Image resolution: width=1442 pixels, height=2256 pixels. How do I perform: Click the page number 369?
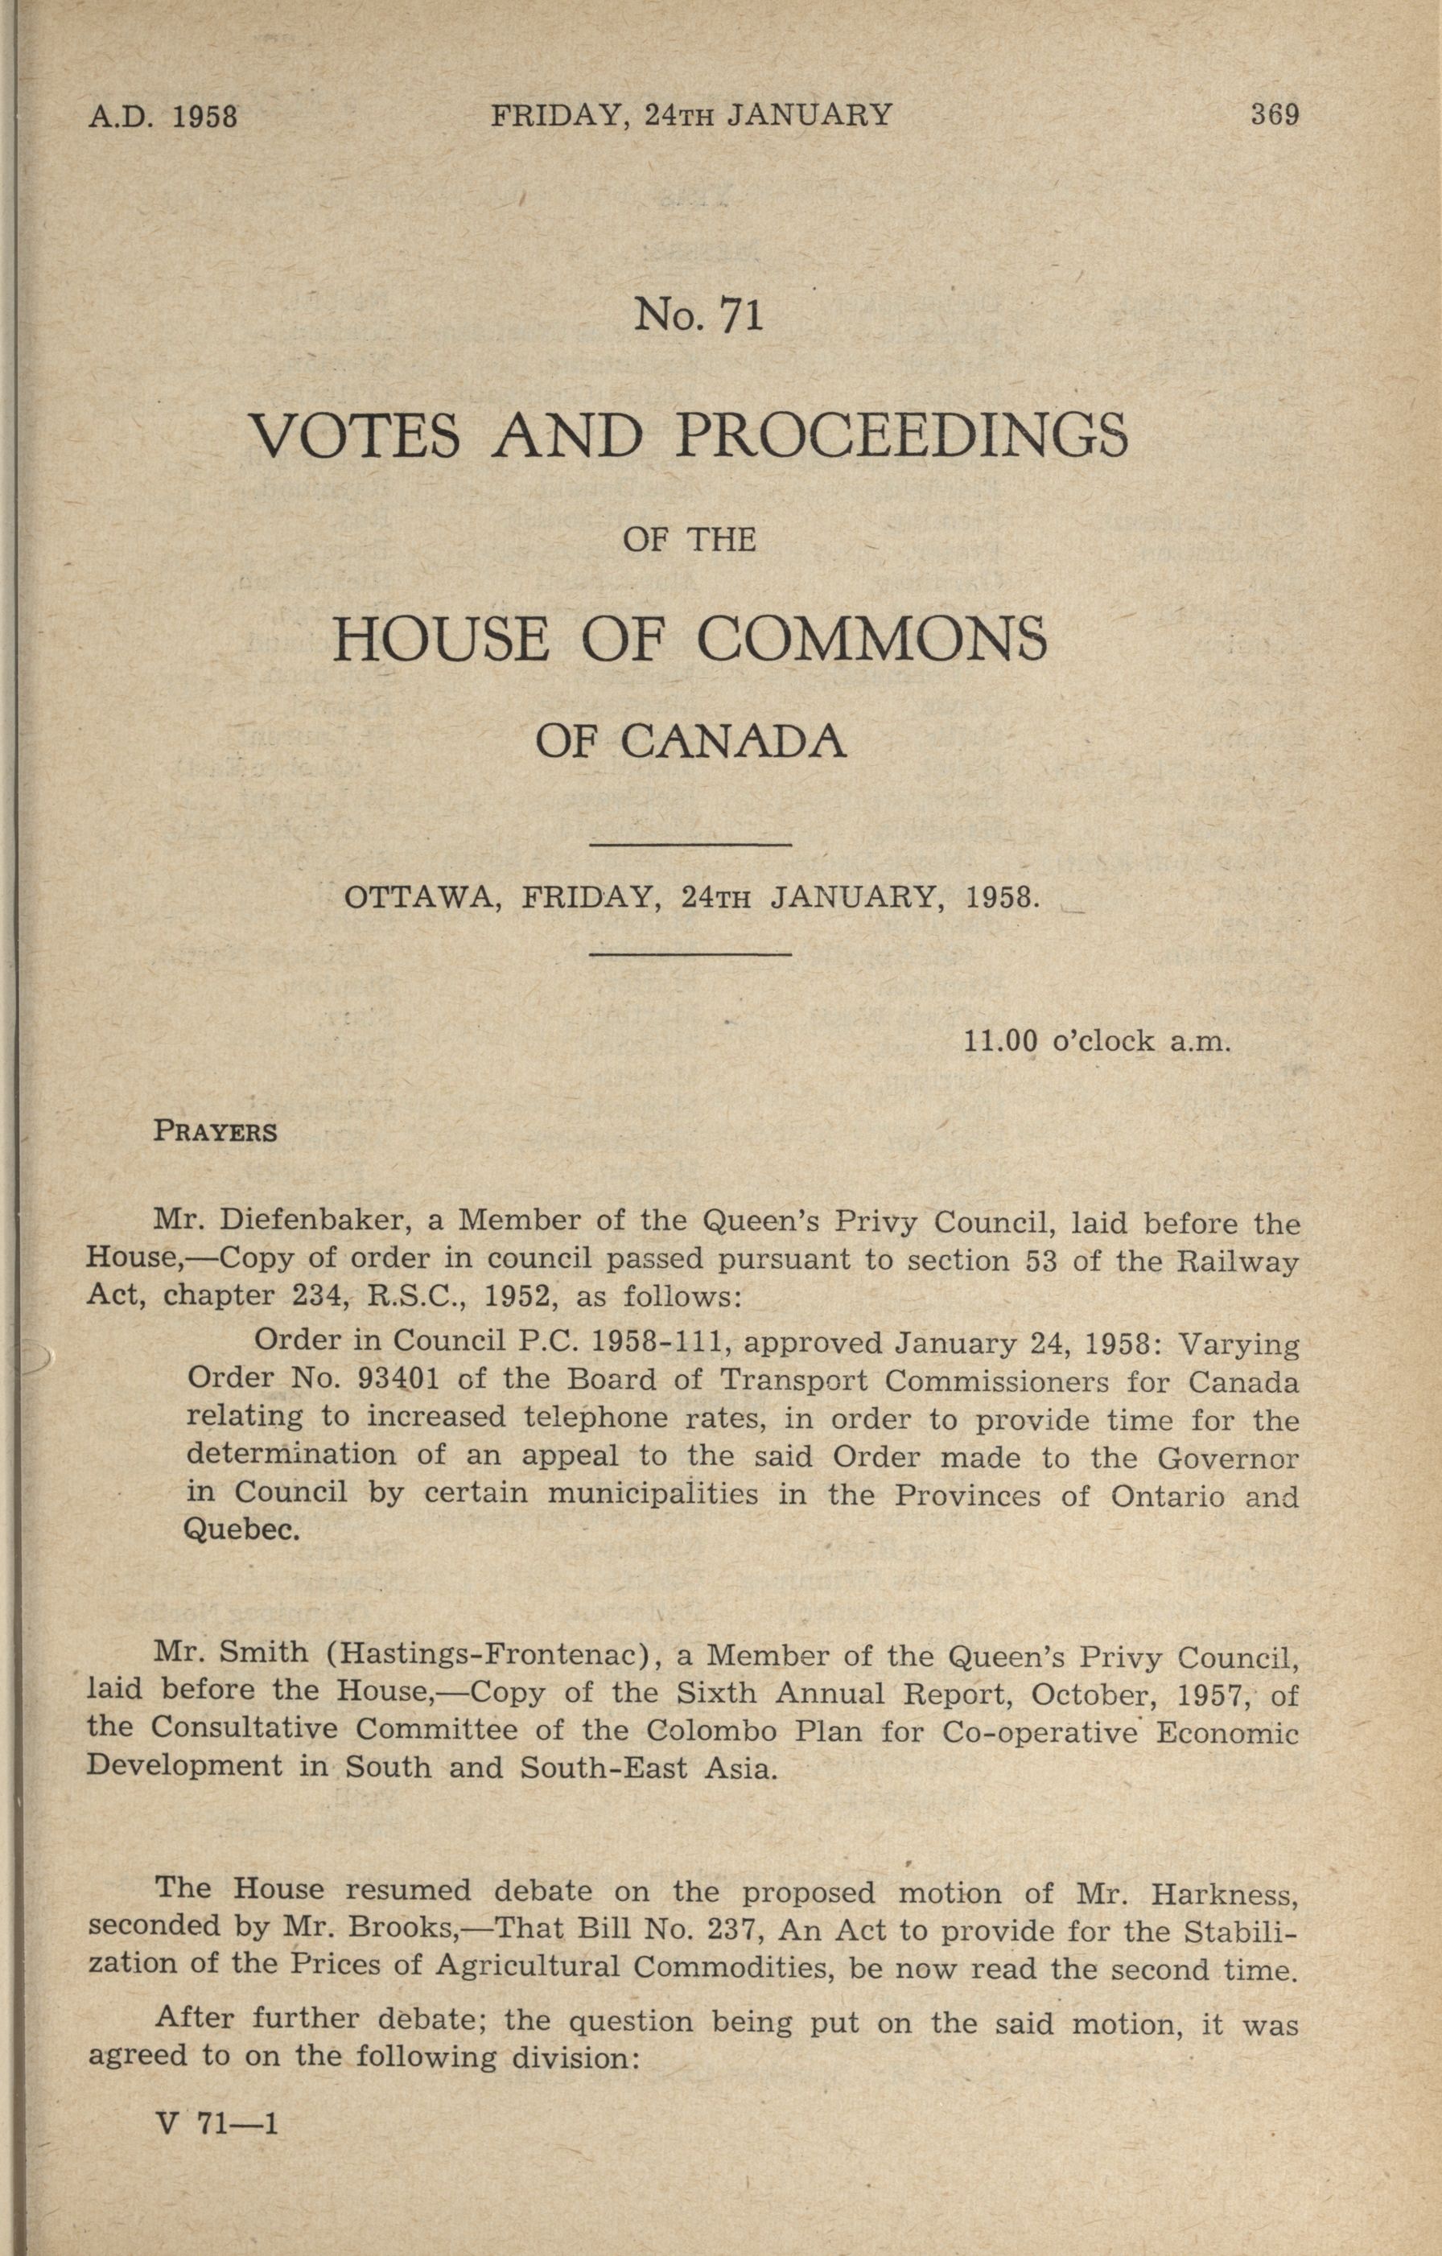point(1275,115)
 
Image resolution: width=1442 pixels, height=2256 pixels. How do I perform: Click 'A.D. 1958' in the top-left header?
point(164,117)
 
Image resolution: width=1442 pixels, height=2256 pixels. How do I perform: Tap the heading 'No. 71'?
point(699,315)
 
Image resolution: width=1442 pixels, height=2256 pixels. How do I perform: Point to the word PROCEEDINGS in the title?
point(902,434)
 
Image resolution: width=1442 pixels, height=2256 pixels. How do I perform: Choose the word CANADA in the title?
point(734,741)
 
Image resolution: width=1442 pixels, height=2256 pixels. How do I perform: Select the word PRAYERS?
point(216,1132)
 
